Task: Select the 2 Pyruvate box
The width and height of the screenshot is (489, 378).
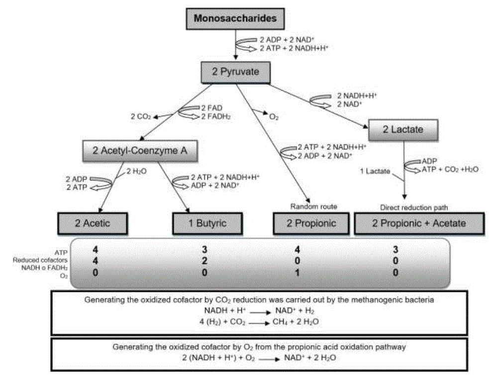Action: [235, 72]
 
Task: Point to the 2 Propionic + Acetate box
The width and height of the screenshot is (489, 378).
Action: [419, 223]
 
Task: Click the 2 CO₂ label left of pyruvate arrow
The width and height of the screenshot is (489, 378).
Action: [140, 117]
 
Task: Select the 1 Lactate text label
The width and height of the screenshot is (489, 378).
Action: [374, 171]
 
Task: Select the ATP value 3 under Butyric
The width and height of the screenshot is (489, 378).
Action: [204, 248]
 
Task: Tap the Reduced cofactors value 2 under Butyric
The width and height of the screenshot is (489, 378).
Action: [204, 260]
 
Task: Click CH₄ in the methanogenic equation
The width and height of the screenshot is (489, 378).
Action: [279, 321]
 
